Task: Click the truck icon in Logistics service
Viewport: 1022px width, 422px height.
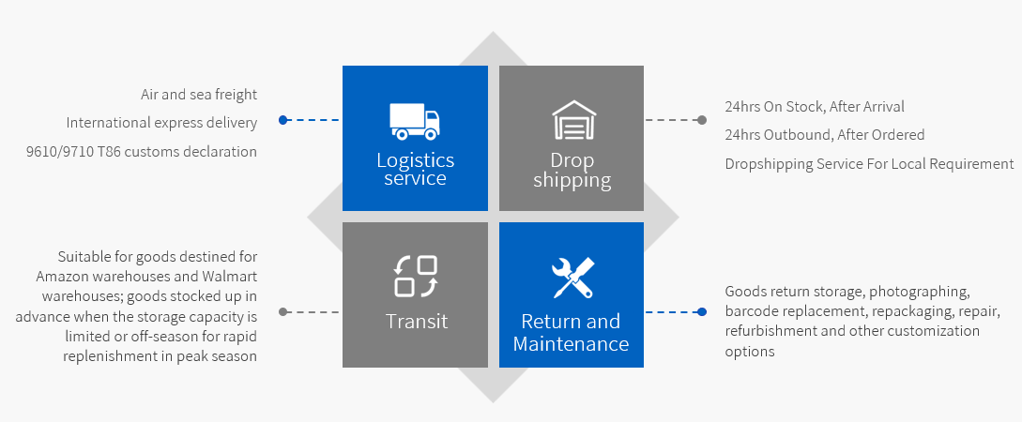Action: point(415,119)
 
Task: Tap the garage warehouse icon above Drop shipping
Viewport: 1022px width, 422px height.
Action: point(572,120)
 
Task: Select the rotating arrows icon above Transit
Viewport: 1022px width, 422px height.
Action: point(416,276)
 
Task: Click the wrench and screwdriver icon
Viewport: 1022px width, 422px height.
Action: point(572,277)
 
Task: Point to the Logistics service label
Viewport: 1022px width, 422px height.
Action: point(415,169)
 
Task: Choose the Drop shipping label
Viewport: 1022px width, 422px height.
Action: point(572,170)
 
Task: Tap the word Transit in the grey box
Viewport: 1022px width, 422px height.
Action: point(416,322)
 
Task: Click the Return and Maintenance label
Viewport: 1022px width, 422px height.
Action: point(571,333)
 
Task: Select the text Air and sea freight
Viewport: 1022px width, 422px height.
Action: point(199,95)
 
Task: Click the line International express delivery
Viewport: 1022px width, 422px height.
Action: point(161,123)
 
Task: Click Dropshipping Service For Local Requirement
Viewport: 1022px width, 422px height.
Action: point(869,164)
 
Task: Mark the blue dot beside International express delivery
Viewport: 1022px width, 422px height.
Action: point(282,120)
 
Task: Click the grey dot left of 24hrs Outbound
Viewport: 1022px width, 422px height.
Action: point(702,120)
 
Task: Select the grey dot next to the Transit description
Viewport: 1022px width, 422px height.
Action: point(282,311)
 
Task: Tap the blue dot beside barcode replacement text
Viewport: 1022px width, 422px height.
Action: point(702,311)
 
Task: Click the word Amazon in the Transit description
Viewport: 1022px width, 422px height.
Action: point(66,277)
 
